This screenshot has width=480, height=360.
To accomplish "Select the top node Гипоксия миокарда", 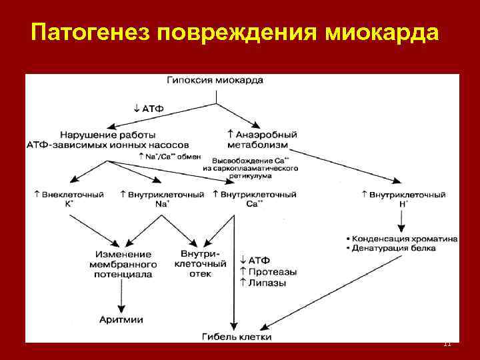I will (215, 81).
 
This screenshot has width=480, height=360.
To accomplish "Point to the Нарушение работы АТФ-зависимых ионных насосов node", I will (108, 139).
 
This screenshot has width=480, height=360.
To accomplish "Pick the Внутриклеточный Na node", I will (162, 199).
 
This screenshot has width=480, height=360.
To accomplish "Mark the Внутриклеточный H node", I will (403, 199).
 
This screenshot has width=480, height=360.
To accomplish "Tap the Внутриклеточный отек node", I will (199, 263).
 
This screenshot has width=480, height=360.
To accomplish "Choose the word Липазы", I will (267, 283).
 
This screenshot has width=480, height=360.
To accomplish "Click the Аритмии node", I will (121, 320).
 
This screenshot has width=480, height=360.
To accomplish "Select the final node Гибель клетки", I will (237, 337).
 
